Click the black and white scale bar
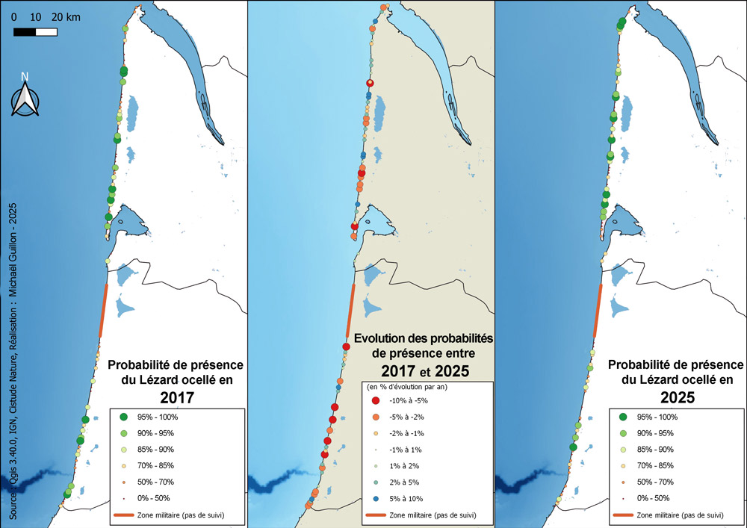click(x=35, y=32)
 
